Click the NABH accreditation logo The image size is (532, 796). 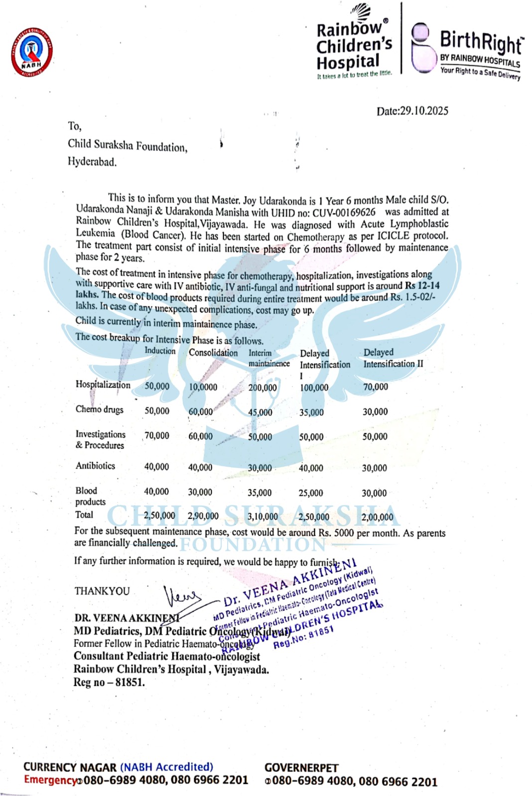(x=32, y=52)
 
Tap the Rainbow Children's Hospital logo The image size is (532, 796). (x=354, y=44)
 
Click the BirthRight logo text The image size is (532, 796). (x=481, y=43)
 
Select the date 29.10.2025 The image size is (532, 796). (x=424, y=111)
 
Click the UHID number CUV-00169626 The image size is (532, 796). (x=344, y=212)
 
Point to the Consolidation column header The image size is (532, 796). (x=213, y=353)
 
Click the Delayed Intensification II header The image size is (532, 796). (x=393, y=358)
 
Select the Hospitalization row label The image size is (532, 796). (x=103, y=385)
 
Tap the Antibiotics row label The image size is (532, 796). (x=95, y=466)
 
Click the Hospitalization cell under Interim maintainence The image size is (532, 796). (x=263, y=388)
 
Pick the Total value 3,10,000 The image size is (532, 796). (x=263, y=517)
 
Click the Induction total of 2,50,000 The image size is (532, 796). (x=159, y=515)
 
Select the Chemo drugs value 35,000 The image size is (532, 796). (x=311, y=412)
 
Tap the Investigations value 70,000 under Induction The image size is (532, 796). (x=157, y=436)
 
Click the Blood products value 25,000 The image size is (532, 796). (x=311, y=493)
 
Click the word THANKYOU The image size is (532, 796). (x=102, y=591)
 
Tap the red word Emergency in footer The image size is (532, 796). (x=50, y=780)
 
